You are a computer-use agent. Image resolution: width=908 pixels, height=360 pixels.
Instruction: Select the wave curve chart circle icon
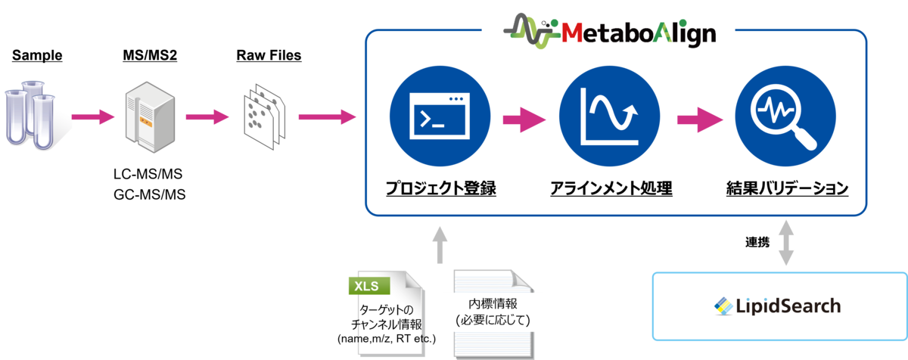coord(609,117)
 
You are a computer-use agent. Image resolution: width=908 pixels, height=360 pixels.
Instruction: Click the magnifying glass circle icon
coord(784,117)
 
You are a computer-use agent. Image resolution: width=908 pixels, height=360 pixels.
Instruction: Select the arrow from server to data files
coord(207,117)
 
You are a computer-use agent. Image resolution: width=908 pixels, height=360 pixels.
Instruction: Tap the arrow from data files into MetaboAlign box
coord(327,117)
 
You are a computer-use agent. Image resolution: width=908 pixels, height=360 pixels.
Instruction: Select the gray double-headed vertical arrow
coord(788,243)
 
